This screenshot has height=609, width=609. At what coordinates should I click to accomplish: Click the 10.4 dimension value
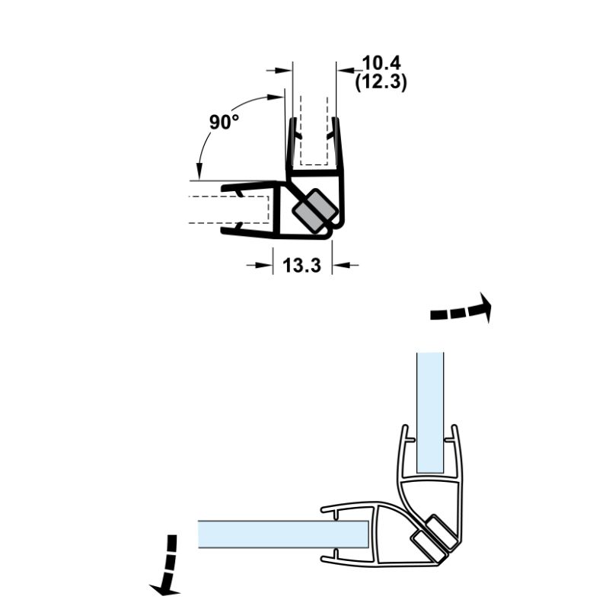click(381, 62)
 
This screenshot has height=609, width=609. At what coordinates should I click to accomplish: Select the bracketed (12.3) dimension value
click(381, 81)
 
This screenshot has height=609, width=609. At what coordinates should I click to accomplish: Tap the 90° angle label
click(224, 122)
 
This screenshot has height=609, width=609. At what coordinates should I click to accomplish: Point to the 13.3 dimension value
click(302, 266)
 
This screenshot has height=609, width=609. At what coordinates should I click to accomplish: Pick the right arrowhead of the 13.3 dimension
click(339, 265)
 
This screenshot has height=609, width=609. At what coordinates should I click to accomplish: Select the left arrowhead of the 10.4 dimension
click(287, 70)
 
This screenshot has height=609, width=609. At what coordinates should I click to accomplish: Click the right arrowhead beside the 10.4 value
click(344, 70)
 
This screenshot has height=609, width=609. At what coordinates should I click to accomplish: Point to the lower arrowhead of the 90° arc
click(199, 173)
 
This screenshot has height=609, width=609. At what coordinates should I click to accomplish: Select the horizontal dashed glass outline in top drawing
click(228, 209)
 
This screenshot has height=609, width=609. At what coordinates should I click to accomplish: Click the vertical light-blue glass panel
click(430, 411)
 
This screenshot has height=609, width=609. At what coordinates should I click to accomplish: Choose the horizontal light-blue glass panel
click(282, 534)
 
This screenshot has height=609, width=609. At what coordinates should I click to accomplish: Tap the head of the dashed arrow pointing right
click(485, 308)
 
